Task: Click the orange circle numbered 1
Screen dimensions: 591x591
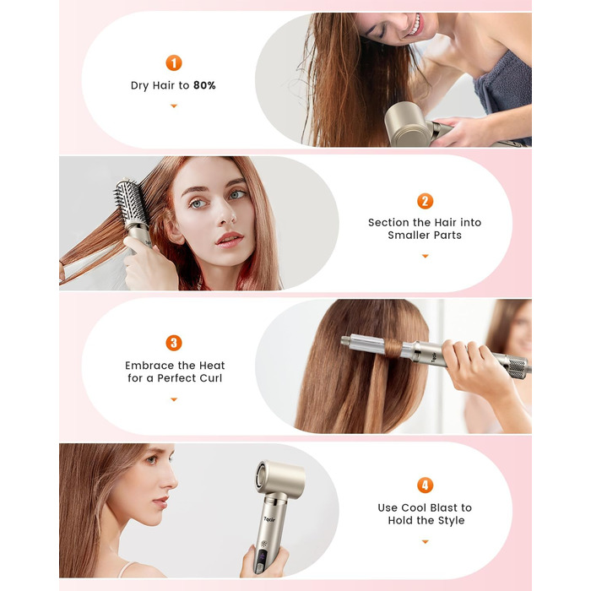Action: [x=174, y=62]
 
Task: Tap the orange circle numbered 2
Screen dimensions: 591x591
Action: [x=425, y=201]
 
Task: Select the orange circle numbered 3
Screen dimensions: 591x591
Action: [x=174, y=343]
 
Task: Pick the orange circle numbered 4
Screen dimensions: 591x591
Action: [x=425, y=485]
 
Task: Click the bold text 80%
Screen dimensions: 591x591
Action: [x=204, y=85]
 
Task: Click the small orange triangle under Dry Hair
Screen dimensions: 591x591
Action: [x=174, y=106]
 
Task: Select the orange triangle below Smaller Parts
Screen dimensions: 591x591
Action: [x=425, y=256]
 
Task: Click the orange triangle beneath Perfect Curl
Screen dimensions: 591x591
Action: [x=174, y=399]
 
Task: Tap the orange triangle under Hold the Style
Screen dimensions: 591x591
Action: [x=425, y=541]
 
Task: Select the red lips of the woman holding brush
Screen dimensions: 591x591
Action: [x=229, y=239]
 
